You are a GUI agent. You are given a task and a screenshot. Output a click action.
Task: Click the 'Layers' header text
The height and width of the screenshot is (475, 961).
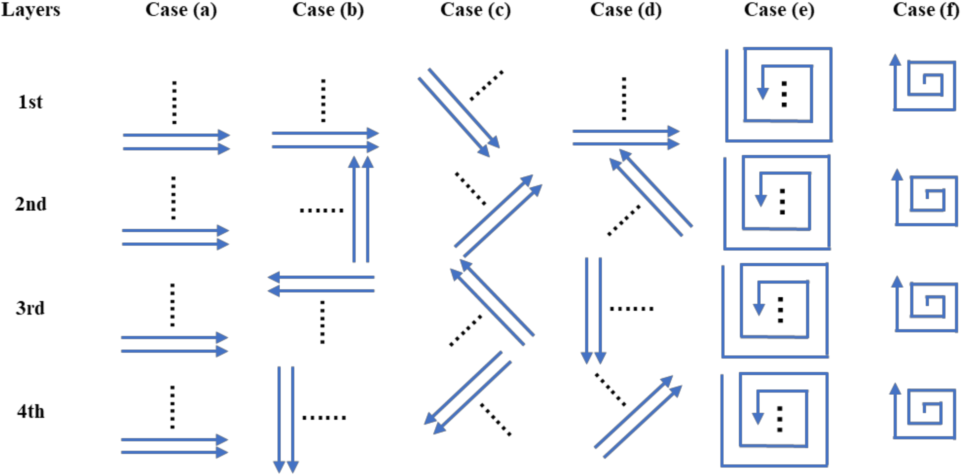(31, 10)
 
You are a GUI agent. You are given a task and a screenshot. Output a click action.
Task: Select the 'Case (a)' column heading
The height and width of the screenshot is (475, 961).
(181, 10)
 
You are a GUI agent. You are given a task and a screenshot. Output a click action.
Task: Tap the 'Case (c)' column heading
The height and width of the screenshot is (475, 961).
(476, 10)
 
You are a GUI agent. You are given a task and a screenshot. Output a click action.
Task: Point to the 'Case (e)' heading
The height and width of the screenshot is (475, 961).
(779, 10)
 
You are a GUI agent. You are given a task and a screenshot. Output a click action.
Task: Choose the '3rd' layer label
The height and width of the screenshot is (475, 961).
(30, 308)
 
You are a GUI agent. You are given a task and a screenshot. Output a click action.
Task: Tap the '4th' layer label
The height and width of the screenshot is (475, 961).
(31, 412)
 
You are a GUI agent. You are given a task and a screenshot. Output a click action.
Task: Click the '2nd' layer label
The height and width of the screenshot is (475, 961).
(31, 204)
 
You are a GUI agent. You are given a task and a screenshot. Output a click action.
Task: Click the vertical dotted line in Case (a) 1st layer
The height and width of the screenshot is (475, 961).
(174, 102)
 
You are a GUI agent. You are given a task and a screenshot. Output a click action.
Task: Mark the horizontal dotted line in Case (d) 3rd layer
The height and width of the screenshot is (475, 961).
(631, 309)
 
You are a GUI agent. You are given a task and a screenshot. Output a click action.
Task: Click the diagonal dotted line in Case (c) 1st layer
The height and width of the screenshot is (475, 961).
(486, 85)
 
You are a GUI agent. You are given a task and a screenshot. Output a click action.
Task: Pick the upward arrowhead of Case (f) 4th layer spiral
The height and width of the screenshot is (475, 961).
(895, 389)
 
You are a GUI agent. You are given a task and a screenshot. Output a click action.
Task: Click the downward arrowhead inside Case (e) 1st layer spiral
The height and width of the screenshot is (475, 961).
(763, 93)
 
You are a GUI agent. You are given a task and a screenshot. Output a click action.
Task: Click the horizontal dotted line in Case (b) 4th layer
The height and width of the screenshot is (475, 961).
(324, 418)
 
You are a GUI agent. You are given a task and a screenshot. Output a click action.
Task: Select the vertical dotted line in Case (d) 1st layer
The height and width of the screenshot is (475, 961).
(624, 99)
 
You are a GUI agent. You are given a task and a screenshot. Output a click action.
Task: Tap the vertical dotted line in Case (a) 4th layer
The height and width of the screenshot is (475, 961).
(172, 407)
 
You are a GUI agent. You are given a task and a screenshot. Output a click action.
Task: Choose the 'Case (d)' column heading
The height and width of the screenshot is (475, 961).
(626, 10)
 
